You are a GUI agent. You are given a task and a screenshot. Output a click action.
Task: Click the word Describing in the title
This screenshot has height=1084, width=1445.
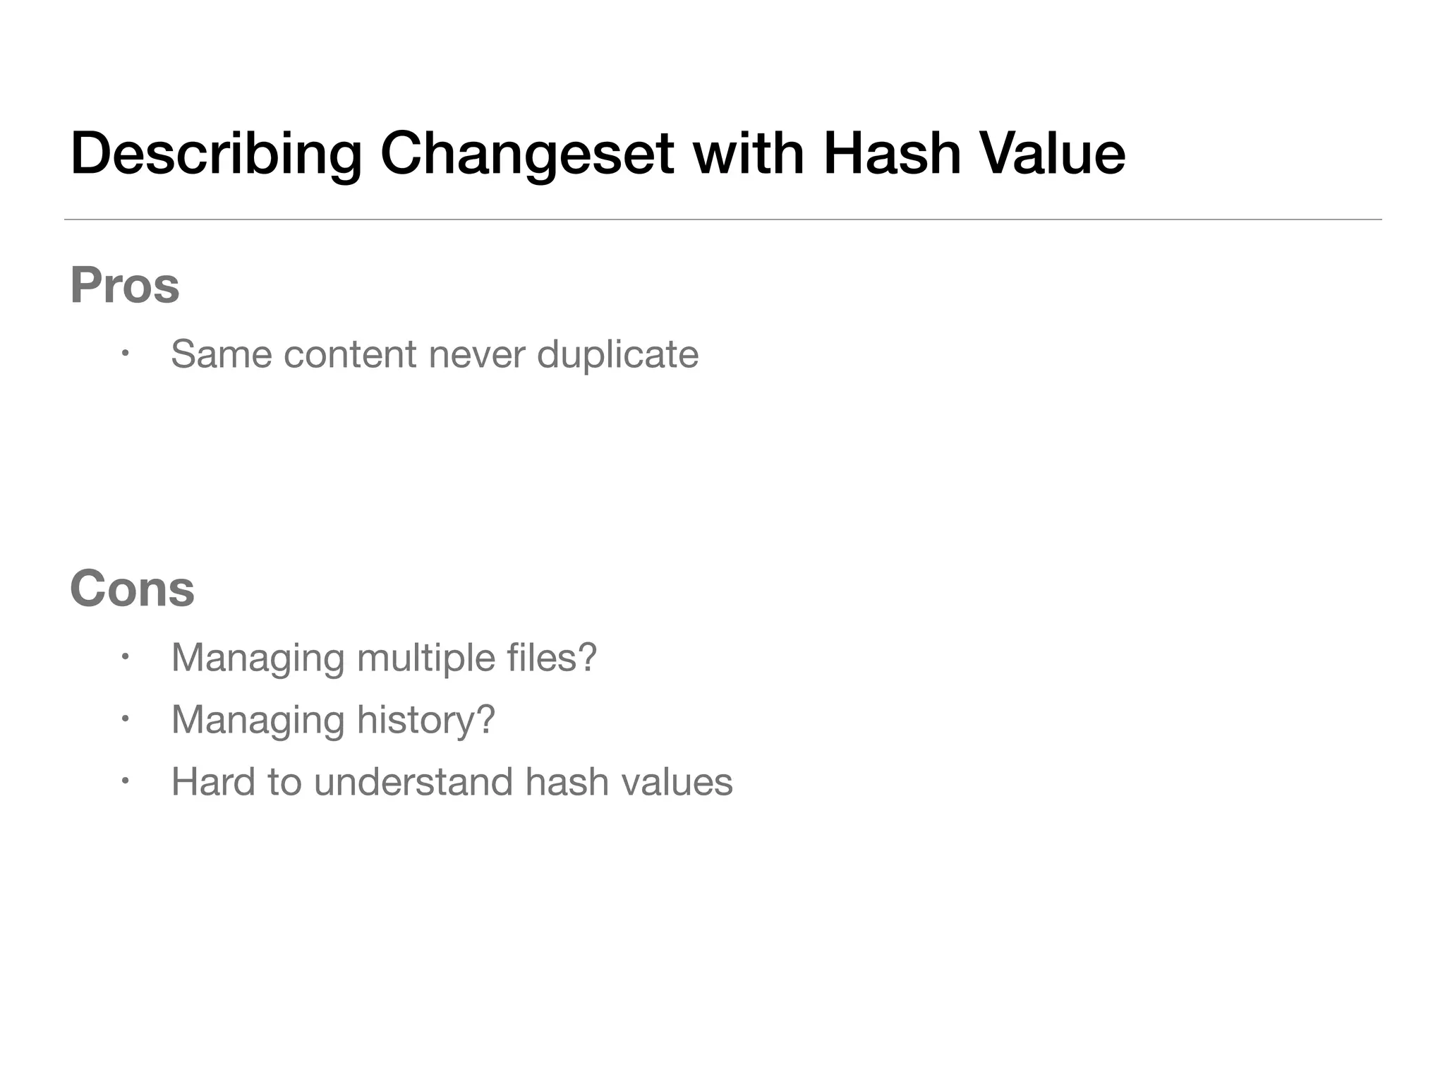(216, 154)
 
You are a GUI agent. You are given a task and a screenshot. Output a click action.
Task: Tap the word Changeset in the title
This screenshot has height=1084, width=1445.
(526, 154)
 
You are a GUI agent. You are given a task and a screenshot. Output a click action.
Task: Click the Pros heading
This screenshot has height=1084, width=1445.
(125, 286)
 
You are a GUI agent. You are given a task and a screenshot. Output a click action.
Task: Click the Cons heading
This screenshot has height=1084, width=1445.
(132, 589)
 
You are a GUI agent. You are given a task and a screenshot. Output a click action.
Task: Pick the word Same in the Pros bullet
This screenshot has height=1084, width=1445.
(221, 354)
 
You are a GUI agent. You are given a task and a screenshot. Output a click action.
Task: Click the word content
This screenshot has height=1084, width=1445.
(349, 354)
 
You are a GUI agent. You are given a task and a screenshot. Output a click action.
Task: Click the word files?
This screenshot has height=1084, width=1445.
(551, 657)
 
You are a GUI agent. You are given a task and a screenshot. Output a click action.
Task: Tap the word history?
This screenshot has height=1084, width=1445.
(425, 721)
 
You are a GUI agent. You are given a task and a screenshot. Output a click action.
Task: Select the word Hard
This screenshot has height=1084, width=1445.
(213, 782)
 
